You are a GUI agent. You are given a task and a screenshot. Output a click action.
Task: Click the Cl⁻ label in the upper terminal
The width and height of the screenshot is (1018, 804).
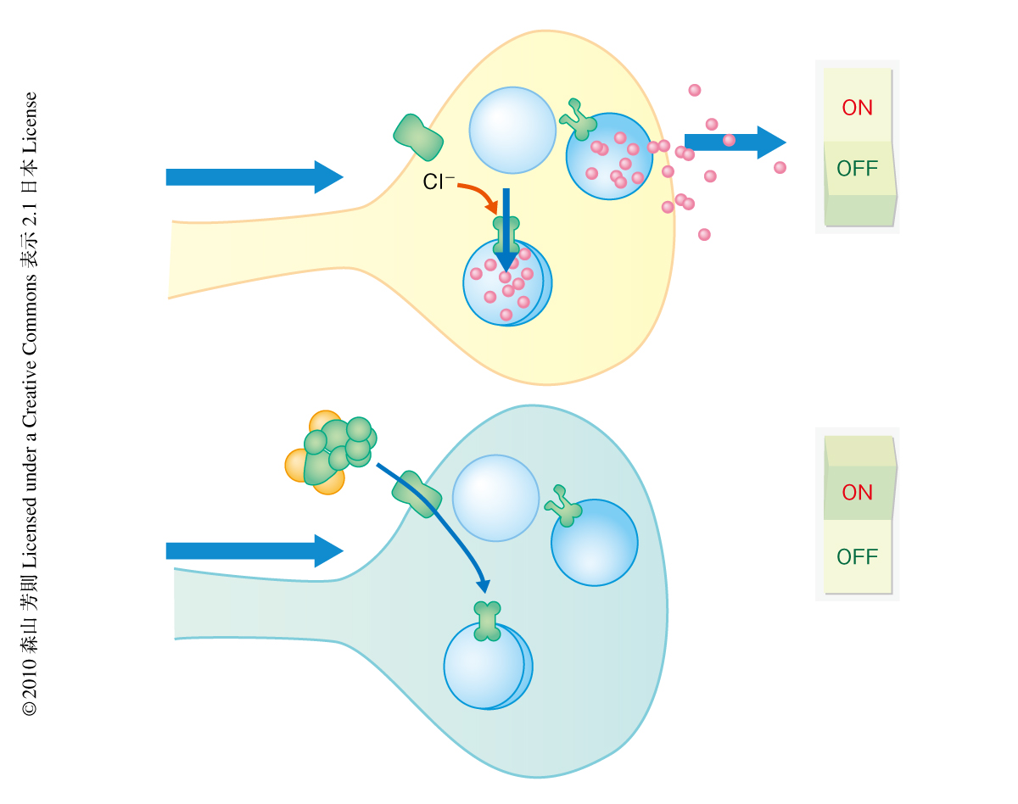[439, 181]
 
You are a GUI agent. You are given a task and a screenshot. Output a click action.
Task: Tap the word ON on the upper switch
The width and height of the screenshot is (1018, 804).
[857, 108]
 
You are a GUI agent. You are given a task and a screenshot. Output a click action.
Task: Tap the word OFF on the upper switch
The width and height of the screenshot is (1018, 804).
[857, 168]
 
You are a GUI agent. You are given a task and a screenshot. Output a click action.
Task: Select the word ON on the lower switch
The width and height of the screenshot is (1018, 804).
[857, 492]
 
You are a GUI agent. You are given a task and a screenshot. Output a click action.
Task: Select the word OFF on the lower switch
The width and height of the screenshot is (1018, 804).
[857, 557]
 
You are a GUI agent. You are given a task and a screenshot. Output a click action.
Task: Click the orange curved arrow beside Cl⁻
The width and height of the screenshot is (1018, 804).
[480, 197]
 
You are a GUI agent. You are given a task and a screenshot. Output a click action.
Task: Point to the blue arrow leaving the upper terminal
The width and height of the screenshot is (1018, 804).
[734, 142]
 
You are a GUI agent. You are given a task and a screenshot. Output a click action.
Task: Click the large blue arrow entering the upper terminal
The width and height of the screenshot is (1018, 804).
[254, 176]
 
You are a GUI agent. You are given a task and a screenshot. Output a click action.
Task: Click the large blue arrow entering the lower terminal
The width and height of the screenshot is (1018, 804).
[254, 550]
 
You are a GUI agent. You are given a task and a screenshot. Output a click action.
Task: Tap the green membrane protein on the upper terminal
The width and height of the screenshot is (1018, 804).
[419, 137]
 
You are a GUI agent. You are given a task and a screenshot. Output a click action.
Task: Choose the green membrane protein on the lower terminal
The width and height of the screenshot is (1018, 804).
[417, 494]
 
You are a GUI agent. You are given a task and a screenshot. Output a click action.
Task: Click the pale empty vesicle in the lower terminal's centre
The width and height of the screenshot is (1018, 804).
[495, 498]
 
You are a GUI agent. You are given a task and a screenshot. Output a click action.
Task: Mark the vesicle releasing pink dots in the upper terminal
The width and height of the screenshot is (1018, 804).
[609, 157]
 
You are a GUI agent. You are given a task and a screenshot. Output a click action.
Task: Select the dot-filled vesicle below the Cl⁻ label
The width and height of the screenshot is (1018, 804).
[506, 282]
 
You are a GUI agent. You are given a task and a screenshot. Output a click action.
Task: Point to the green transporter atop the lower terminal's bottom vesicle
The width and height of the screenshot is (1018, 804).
[487, 620]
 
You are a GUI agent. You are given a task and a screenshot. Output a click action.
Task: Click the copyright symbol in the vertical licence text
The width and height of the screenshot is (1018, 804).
[30, 706]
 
